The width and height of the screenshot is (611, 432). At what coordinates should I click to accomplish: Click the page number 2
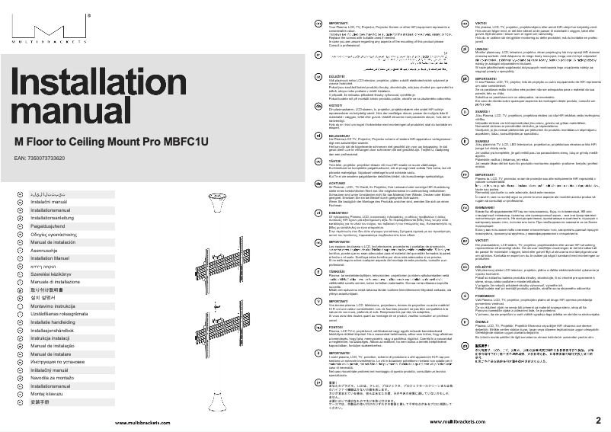598,421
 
